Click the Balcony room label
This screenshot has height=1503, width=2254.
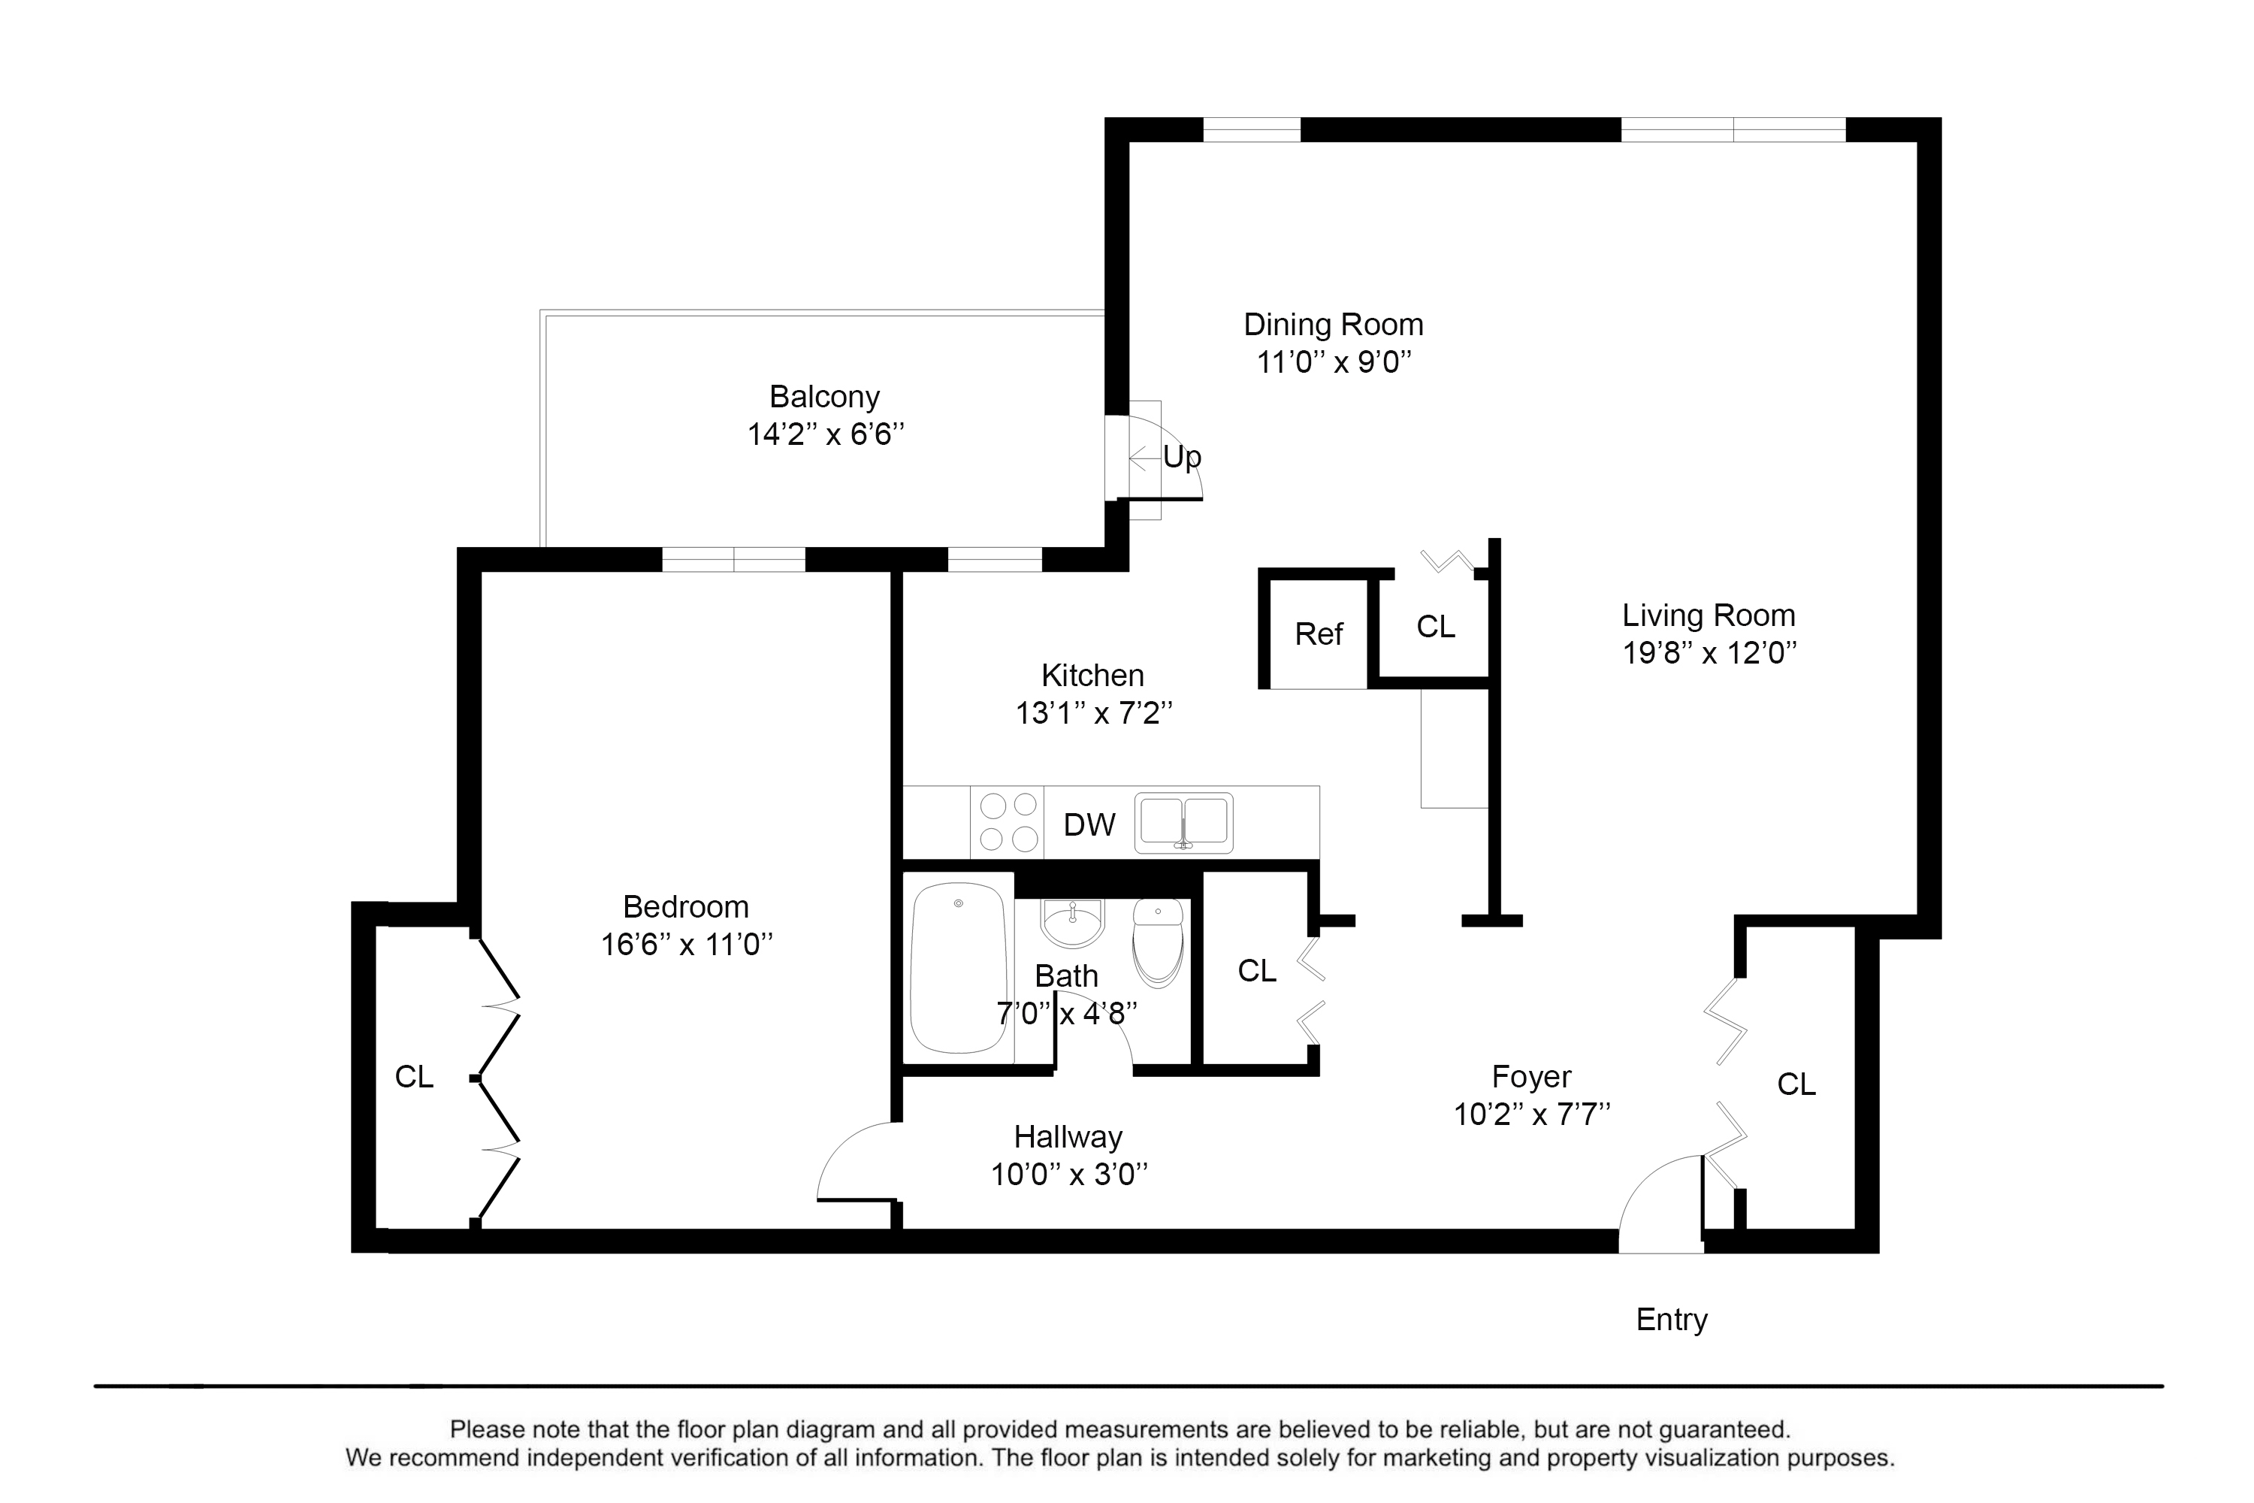824,396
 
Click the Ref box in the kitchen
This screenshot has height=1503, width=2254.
1319,634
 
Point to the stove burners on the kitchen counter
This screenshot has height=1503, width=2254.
1009,821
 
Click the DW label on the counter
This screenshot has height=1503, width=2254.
1089,824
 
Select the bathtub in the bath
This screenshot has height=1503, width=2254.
959,968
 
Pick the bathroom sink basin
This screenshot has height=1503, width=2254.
1074,922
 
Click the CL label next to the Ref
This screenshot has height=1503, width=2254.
1436,626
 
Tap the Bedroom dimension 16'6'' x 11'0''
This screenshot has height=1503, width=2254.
686,945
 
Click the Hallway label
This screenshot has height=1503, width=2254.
1068,1137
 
